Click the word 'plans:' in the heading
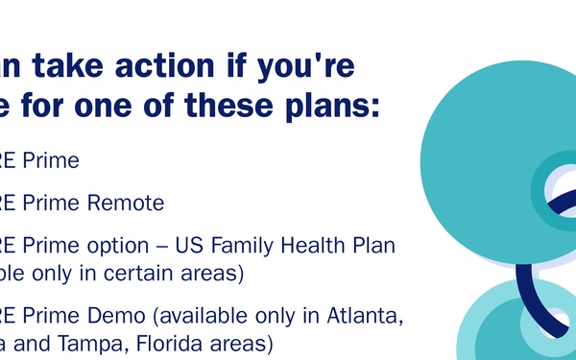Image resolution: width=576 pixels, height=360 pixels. point(330,107)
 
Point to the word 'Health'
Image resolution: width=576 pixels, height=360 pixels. point(321,245)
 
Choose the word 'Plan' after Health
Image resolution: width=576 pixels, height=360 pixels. point(374,245)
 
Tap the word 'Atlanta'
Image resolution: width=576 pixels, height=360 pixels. point(368,315)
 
